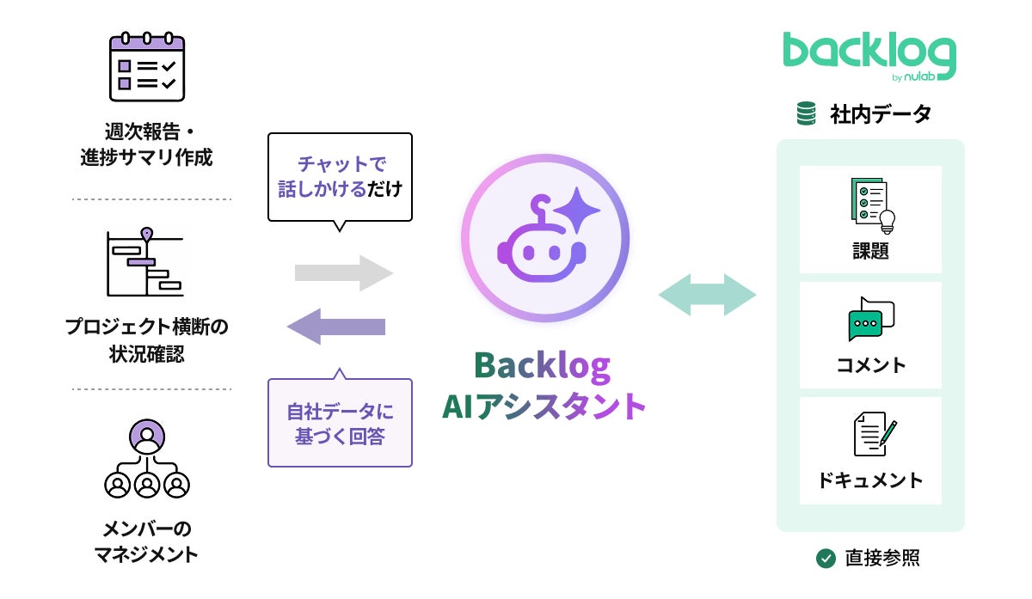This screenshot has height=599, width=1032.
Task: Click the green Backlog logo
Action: coord(869,58)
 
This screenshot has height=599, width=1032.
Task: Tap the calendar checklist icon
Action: coord(146,68)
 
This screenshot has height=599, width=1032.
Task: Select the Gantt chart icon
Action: coord(146,263)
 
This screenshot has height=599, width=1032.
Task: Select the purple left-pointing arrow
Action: coord(336,327)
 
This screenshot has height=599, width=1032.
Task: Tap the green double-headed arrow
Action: coord(707,296)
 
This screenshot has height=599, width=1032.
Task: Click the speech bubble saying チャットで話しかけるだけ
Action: coord(340,176)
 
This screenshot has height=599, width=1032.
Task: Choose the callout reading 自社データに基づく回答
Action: coord(340,423)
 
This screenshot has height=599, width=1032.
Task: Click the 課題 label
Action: coord(870,251)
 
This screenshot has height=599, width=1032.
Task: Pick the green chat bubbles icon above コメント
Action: coord(870,319)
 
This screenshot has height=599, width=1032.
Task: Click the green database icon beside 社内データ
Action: coord(807,113)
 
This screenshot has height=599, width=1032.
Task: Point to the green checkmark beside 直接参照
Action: coord(826,559)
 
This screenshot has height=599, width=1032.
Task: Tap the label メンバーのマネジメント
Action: coord(146,541)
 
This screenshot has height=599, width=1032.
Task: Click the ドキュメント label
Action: coord(870,480)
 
